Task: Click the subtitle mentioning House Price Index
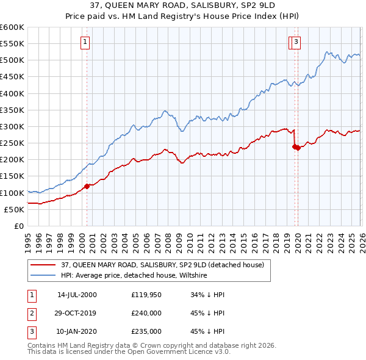pos(182,16)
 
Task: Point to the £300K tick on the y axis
pos(12,126)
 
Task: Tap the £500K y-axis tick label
pos(12,60)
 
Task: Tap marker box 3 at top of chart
pos(296,42)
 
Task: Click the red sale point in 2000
pos(87,186)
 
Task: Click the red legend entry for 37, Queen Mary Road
pos(162,265)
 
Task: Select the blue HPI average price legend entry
pos(134,276)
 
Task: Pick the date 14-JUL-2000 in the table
pos(77,295)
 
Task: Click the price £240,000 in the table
pos(146,314)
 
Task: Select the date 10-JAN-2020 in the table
pos(77,332)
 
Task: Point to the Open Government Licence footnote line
pos(129,353)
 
